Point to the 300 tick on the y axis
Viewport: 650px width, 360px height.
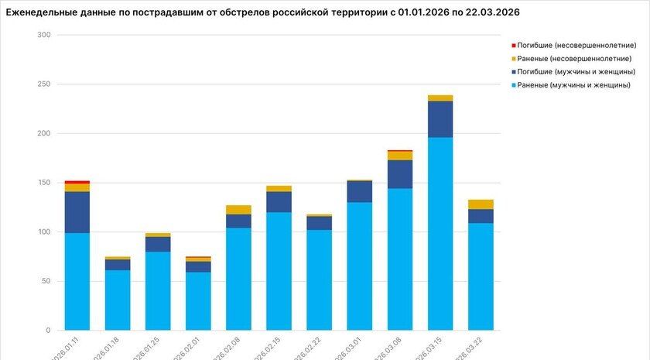coord(43,36)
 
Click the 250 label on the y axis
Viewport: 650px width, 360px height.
coord(43,84)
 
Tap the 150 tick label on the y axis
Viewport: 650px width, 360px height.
coord(43,183)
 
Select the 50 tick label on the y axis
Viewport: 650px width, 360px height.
coord(46,281)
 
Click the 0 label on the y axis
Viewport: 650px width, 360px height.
coord(48,331)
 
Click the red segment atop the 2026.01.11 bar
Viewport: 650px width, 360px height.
coord(77,182)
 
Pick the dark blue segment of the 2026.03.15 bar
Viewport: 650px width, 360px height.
coord(440,119)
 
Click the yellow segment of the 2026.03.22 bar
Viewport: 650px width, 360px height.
coord(481,204)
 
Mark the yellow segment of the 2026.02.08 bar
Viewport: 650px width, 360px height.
coord(238,210)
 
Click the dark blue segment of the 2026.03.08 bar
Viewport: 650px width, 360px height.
coord(399,174)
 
